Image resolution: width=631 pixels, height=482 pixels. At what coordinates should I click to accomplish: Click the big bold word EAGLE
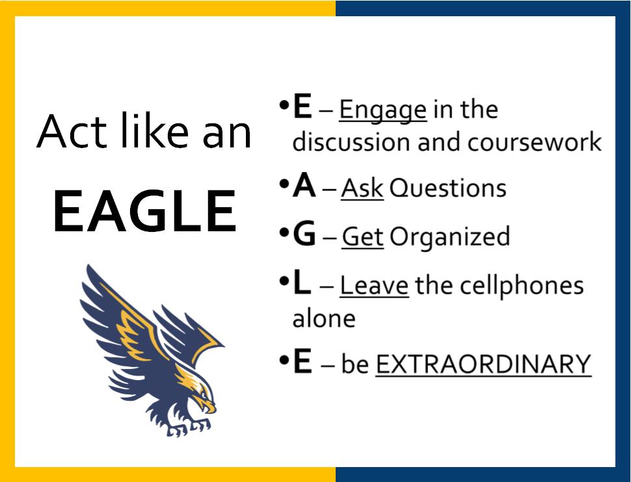[x=144, y=210]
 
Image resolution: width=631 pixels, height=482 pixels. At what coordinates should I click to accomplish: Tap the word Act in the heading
[x=71, y=131]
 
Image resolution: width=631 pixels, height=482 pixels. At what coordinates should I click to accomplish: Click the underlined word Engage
[x=383, y=110]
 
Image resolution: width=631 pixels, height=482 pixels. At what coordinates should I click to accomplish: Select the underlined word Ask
[x=362, y=188]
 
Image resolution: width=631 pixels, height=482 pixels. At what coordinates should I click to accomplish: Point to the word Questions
[x=448, y=188]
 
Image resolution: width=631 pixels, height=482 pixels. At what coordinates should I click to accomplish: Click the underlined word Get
[x=362, y=236]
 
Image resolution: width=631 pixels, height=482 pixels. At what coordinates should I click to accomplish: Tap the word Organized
[x=450, y=237]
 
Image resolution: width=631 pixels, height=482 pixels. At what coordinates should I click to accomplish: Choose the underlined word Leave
[x=374, y=285]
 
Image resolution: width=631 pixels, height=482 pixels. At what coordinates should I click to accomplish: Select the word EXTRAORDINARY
[x=483, y=364]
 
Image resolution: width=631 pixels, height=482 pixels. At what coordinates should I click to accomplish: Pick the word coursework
[x=535, y=142]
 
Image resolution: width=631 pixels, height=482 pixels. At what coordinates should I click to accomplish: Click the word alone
[x=324, y=318]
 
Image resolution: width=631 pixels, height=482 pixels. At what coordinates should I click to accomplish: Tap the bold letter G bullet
[x=304, y=234]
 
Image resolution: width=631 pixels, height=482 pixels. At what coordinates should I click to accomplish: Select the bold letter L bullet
[x=302, y=282]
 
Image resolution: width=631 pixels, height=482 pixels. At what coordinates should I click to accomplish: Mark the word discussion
[x=352, y=142]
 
